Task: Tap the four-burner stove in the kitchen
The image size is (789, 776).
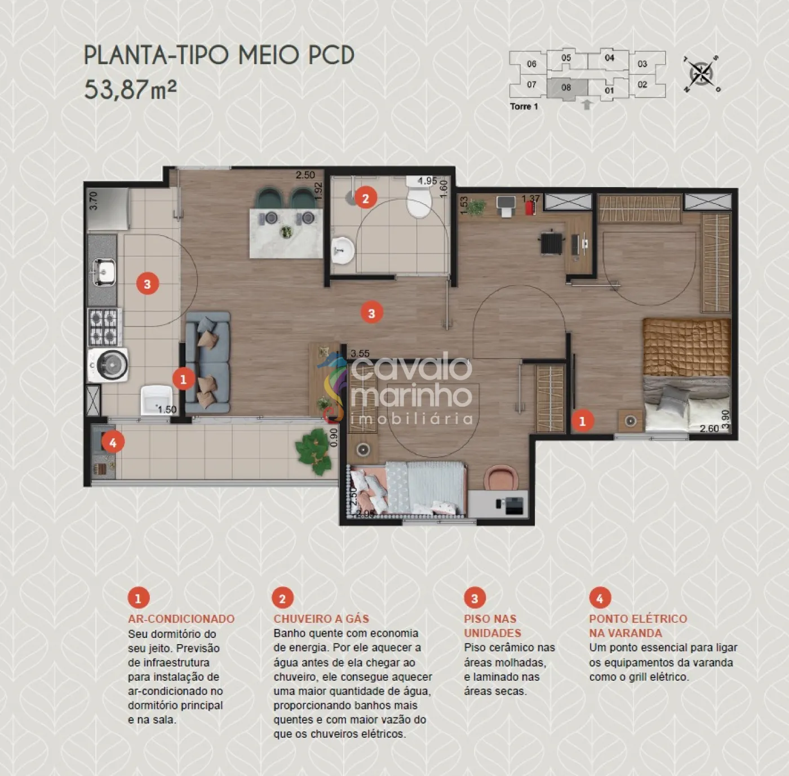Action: [x=104, y=327]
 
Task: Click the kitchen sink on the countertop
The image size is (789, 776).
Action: [x=104, y=271]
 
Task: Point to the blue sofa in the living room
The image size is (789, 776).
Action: [x=207, y=362]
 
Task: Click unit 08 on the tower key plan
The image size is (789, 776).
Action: [x=567, y=88]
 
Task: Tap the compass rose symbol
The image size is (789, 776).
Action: [x=702, y=74]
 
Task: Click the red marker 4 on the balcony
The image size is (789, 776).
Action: [x=113, y=442]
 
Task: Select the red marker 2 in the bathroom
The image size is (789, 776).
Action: [x=366, y=198]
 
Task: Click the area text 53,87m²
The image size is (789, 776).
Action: [x=130, y=90]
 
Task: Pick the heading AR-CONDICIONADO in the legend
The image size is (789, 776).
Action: [x=181, y=619]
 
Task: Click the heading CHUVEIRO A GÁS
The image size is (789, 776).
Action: [x=321, y=619]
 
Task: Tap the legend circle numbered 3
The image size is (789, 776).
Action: [x=475, y=598]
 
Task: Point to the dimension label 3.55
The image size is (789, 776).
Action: [x=360, y=353]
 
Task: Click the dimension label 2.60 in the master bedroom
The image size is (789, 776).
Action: [x=709, y=429]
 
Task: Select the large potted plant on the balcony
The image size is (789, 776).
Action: [x=314, y=451]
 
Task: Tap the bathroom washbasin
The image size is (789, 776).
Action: [x=343, y=251]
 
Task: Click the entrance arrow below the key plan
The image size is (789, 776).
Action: [x=587, y=104]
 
